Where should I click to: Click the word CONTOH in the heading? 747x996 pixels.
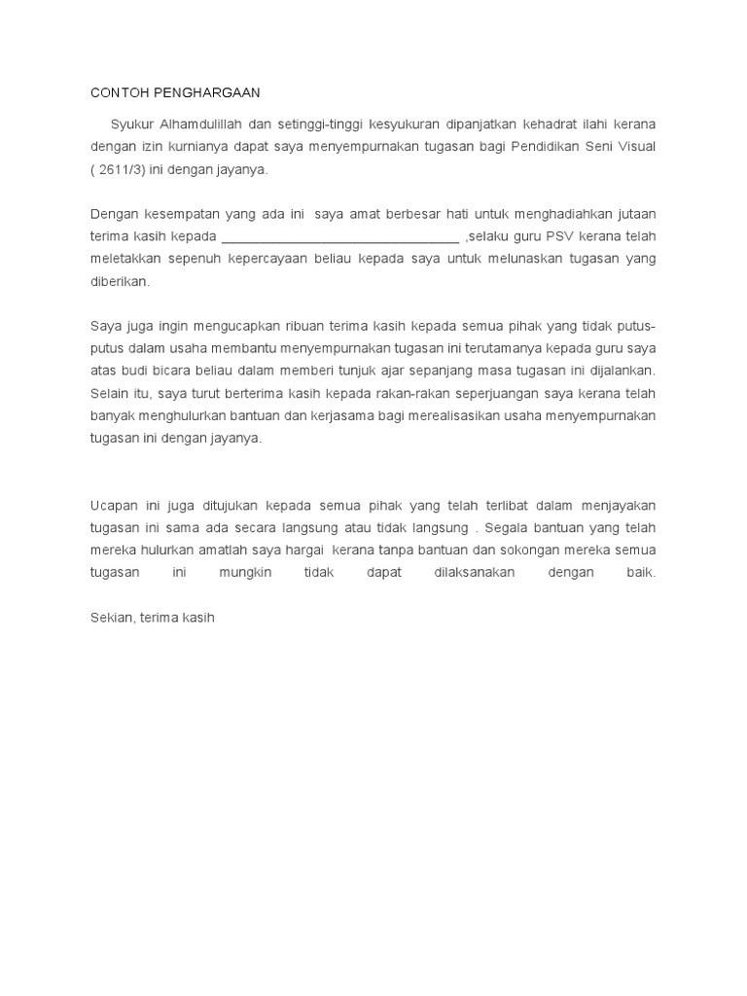[x=115, y=92]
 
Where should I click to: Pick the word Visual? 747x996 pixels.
[x=635, y=146]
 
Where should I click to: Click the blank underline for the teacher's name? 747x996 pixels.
[x=340, y=236]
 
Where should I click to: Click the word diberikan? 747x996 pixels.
[x=120, y=281]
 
